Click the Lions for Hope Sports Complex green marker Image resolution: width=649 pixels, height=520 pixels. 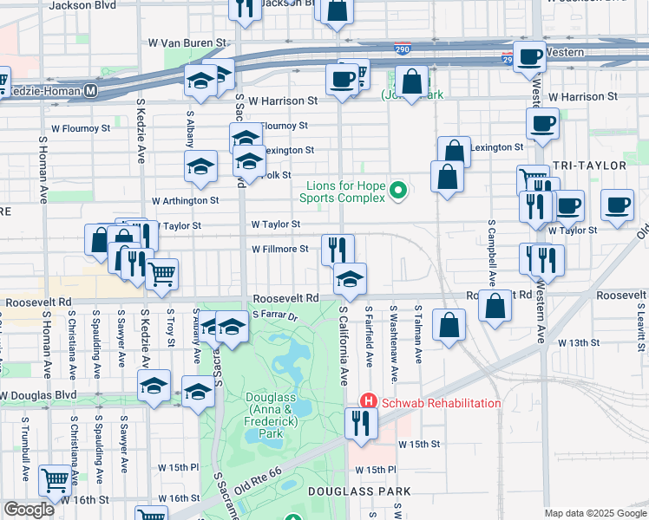coord(399,189)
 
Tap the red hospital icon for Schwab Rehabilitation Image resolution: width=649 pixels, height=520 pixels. coord(368,402)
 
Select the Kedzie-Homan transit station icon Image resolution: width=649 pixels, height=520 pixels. coord(90,90)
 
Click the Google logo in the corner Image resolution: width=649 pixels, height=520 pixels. coord(29,510)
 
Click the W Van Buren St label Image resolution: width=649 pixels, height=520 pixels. coord(187,42)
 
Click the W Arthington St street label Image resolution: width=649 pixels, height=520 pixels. coord(185,200)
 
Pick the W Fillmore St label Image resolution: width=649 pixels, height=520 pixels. coord(279,249)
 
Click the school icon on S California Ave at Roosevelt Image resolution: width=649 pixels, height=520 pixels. coord(351,278)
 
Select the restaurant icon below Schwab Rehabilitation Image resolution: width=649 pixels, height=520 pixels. coord(359,422)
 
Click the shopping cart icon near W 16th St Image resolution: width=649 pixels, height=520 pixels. coord(55,478)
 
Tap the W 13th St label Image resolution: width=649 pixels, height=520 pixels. coord(585,343)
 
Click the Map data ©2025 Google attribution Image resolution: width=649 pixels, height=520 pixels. coord(594,513)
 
